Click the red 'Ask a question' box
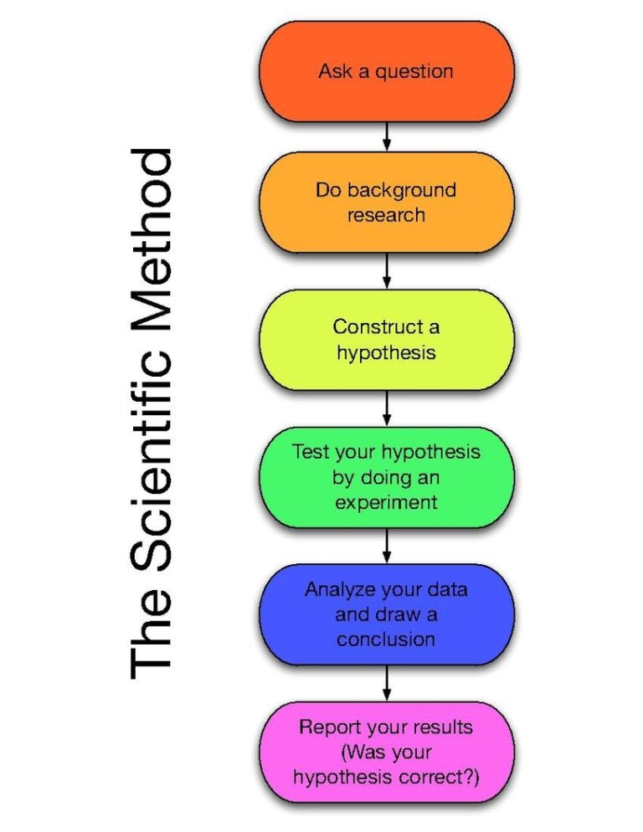pos(386,71)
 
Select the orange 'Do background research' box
pos(386,203)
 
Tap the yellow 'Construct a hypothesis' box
pos(386,339)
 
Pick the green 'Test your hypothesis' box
pos(386,477)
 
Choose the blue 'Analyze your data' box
pos(386,614)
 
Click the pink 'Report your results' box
pos(386,752)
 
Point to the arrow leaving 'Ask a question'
pos(387,136)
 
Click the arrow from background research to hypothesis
pos(387,271)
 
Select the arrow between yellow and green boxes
pos(387,408)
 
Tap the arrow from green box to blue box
pos(387,546)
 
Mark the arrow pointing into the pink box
pos(387,683)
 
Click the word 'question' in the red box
pos(414,72)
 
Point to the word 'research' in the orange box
pos(386,215)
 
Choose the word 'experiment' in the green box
pos(386,503)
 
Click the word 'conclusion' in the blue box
pos(386,639)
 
